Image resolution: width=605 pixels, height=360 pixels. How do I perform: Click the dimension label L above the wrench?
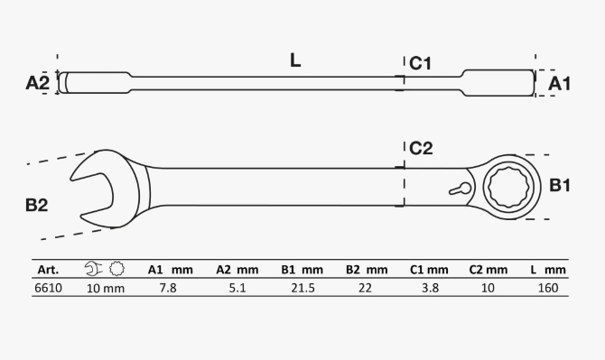pyautogui.click(x=295, y=60)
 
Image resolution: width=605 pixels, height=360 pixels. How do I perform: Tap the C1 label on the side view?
pyautogui.click(x=420, y=63)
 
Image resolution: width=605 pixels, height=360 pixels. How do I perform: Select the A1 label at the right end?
pyautogui.click(x=559, y=84)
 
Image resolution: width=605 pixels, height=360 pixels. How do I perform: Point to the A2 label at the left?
pyautogui.click(x=38, y=83)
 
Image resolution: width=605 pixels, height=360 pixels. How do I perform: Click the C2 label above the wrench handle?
pyautogui.click(x=421, y=148)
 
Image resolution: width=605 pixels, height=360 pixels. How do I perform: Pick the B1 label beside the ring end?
pyautogui.click(x=560, y=185)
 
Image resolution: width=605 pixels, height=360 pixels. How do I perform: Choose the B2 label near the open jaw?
pyautogui.click(x=37, y=205)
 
